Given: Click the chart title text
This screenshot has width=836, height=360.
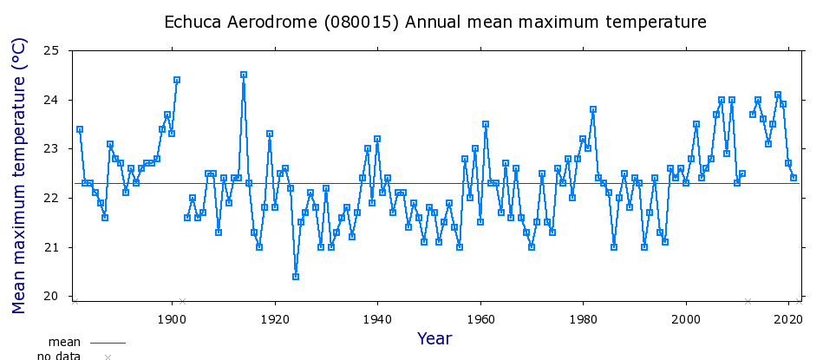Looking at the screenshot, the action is tap(435, 23).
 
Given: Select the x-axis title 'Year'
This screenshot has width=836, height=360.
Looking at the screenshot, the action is tap(434, 338).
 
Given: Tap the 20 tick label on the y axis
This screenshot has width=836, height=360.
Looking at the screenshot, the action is tap(51, 297).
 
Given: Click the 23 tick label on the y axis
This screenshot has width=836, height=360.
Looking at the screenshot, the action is tap(51, 149).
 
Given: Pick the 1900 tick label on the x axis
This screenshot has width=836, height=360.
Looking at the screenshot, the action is tap(173, 319).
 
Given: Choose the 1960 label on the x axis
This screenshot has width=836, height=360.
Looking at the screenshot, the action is tap(481, 319).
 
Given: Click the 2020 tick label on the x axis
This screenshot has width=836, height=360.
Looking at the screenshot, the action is tap(789, 319).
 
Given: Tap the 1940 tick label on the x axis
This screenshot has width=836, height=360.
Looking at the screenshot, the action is tap(378, 319).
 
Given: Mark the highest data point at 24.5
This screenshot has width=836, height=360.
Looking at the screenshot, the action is tap(244, 75).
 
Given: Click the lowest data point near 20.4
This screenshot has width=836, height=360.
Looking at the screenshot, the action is tap(296, 276).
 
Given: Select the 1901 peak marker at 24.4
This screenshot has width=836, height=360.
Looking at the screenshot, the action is tap(177, 80).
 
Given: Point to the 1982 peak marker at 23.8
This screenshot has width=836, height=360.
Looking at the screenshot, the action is tap(593, 109).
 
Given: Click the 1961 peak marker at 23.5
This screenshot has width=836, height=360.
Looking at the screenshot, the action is tap(485, 124).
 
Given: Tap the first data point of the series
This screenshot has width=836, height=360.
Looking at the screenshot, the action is tap(80, 129).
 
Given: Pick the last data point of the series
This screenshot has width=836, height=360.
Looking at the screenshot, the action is tap(794, 178).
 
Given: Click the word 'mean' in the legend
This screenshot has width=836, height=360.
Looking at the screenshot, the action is tap(64, 343).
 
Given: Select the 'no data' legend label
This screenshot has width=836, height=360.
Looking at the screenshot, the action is tap(59, 356).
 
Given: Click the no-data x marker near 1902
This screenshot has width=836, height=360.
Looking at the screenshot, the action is tap(182, 301).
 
